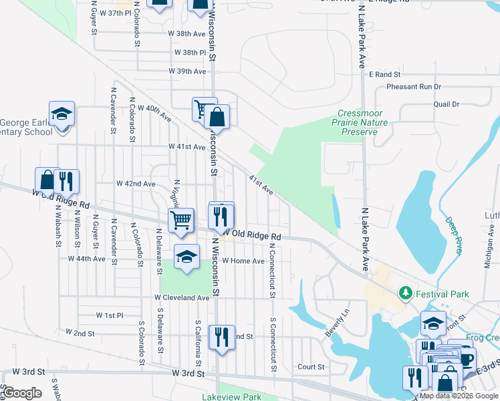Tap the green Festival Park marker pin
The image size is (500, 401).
point(404,293)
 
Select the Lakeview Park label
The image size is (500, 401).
point(231,396)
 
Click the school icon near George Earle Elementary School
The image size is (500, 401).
point(61,114)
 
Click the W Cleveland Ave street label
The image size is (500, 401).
point(182,297)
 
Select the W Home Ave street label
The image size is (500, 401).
point(243,261)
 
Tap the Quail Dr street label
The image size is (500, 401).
point(447,104)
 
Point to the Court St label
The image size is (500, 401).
point(311,366)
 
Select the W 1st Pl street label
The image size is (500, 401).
point(110,315)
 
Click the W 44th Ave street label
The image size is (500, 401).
point(87,259)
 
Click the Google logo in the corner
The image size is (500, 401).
point(22,393)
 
